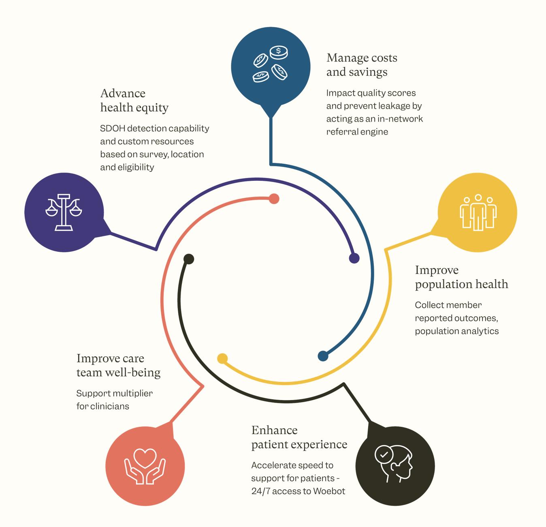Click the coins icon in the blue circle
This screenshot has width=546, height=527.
(x=271, y=64)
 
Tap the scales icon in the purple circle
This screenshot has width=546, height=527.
(x=64, y=212)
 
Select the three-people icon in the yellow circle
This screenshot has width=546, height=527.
(x=478, y=212)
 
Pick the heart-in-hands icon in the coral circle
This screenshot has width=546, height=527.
(x=145, y=466)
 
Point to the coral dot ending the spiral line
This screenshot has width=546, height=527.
(x=274, y=199)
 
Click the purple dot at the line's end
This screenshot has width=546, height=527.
(x=354, y=258)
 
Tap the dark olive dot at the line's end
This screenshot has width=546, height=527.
(x=189, y=259)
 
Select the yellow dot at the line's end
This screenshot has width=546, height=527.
(x=222, y=358)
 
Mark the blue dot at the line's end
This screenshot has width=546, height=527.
(x=323, y=356)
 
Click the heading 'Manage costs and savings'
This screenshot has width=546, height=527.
(x=362, y=65)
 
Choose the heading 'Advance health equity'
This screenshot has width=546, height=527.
(x=134, y=100)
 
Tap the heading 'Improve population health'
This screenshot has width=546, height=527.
(x=461, y=277)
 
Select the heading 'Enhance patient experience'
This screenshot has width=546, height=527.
(x=299, y=437)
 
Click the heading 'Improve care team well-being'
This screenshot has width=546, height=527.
(x=118, y=365)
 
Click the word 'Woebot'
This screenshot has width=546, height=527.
(x=329, y=491)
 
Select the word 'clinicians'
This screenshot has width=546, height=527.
(x=110, y=406)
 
